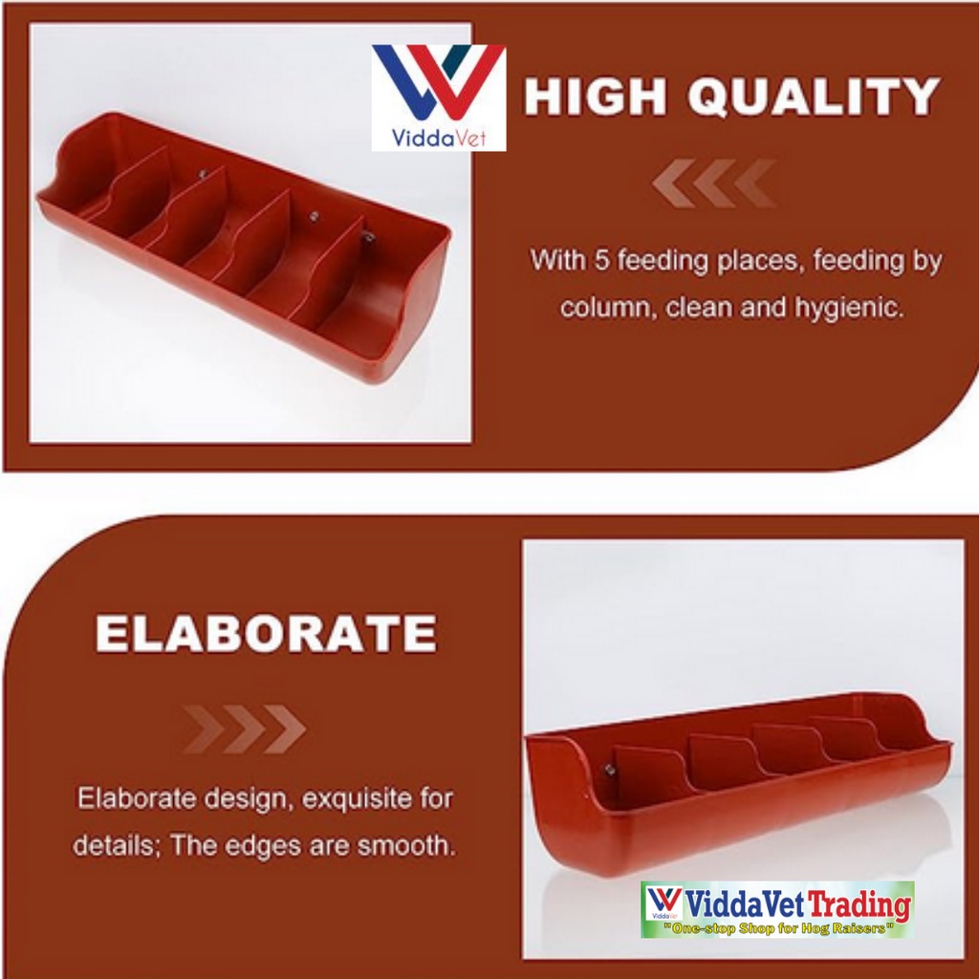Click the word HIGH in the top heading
[x=595, y=97]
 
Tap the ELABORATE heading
[x=266, y=633]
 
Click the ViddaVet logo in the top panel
[x=438, y=98]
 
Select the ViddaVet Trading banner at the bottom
[x=777, y=909]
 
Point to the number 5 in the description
[x=600, y=260]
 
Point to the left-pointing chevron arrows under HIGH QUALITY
[x=714, y=183]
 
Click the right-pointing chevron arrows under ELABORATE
[x=244, y=729]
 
